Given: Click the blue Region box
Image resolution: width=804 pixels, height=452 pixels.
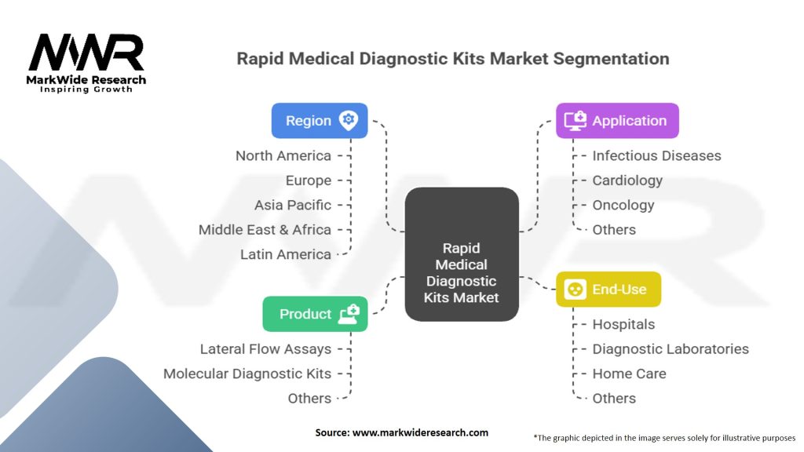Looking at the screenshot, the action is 320,120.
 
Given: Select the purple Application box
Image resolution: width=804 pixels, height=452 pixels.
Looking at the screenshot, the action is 617,120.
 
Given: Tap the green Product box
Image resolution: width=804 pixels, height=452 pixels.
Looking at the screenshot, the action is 315,314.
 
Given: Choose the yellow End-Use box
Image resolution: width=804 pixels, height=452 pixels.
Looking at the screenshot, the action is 608,289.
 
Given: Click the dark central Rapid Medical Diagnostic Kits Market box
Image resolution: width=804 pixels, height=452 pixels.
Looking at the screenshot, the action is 462,254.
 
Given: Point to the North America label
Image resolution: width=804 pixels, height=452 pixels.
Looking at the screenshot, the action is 283,156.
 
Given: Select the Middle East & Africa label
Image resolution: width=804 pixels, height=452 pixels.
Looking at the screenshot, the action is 265,230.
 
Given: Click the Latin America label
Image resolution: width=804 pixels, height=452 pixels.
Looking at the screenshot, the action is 286,254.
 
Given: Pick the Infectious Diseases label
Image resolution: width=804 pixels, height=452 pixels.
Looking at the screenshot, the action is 657,156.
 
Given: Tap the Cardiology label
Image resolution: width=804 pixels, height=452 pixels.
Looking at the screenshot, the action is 627,180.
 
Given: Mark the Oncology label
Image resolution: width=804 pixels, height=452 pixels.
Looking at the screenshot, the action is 623,205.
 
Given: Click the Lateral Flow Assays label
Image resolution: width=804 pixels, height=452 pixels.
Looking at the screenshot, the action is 265,349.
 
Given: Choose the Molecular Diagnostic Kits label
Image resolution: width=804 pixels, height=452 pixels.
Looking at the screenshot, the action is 247,374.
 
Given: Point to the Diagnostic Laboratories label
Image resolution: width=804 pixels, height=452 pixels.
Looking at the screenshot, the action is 671,349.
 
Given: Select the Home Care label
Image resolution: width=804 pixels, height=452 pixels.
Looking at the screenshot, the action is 629,374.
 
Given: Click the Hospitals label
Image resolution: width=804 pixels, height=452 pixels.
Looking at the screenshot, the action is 623,324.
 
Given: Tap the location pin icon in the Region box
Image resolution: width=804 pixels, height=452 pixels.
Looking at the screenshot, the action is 348,120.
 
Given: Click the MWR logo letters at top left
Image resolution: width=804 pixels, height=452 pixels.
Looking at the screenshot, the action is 86,52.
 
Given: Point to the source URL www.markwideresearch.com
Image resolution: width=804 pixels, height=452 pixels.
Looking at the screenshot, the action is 421,432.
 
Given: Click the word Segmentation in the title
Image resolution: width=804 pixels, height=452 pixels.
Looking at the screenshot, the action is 611,59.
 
